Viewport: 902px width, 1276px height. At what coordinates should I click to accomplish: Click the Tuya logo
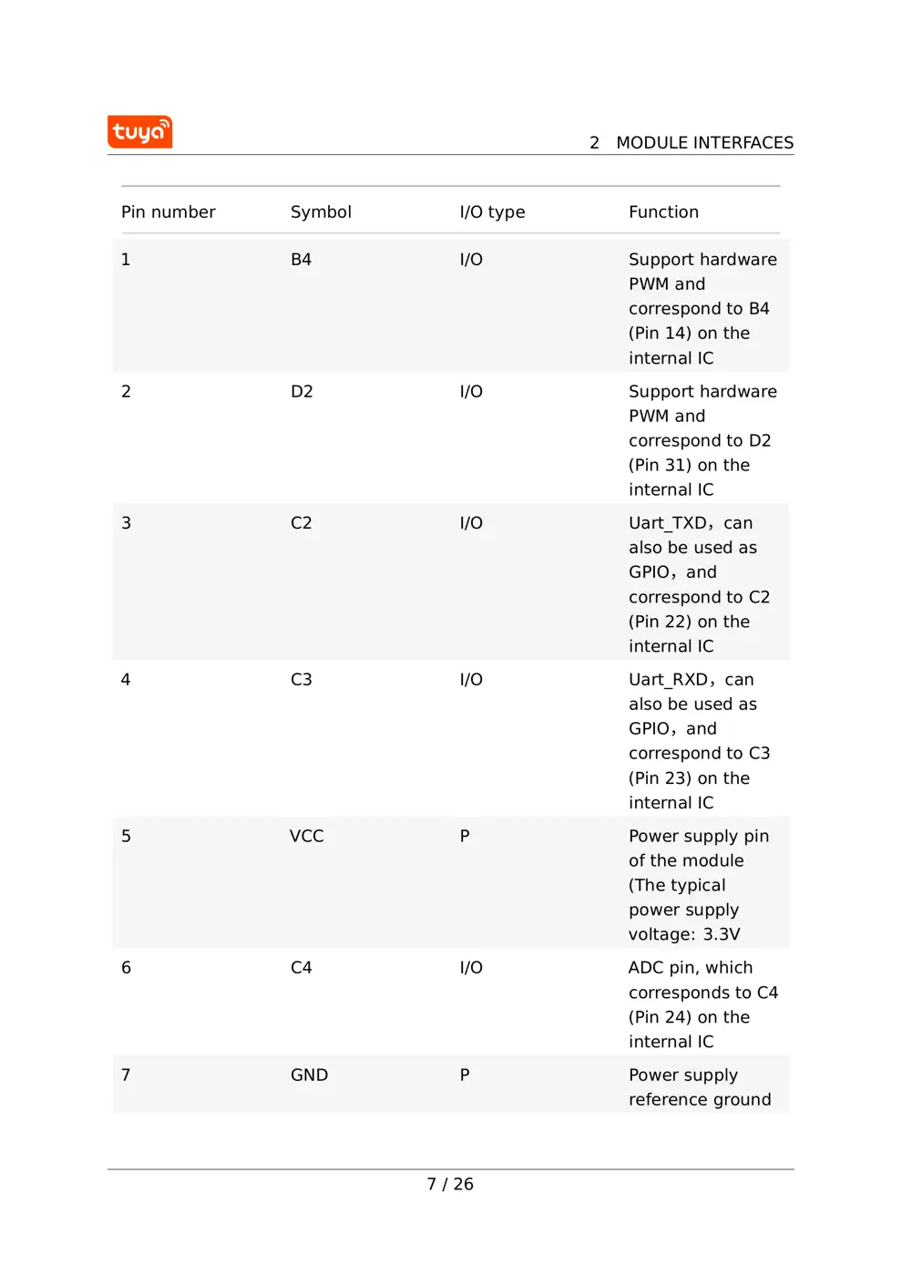(139, 132)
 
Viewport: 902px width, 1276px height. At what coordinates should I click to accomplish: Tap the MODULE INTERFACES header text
(704, 143)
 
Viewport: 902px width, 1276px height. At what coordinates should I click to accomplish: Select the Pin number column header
(169, 212)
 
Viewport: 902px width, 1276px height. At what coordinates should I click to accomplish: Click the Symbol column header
(321, 212)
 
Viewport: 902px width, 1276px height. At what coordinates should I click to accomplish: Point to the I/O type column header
(492, 212)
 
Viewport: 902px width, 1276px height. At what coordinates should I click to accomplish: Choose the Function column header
(663, 212)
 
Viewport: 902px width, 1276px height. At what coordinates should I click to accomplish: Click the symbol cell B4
(301, 260)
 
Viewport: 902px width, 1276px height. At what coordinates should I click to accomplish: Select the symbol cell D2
(302, 392)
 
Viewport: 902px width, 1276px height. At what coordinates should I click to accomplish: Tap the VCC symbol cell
(307, 837)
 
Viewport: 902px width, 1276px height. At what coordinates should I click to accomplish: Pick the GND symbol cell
(309, 1075)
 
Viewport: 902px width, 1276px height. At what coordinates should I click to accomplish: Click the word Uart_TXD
(668, 524)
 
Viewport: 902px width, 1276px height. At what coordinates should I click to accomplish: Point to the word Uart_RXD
(669, 681)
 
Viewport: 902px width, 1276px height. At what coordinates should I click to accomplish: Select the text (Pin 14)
(660, 334)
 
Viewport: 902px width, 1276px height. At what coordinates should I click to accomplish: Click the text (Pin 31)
(660, 466)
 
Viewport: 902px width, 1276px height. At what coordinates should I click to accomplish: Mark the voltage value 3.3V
(722, 935)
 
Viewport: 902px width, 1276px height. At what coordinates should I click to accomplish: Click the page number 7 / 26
(450, 1184)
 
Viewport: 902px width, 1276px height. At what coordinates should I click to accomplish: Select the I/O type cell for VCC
(465, 837)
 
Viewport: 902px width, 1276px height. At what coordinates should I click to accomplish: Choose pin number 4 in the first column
(126, 680)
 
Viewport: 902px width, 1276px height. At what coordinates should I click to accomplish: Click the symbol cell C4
(301, 968)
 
